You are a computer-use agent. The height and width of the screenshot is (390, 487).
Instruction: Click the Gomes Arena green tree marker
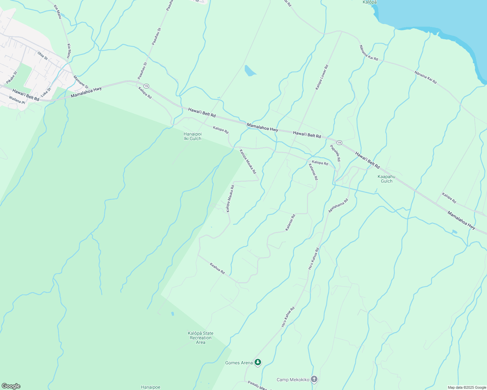(x=258, y=362)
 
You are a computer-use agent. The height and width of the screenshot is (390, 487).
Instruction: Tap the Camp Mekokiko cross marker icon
(x=314, y=379)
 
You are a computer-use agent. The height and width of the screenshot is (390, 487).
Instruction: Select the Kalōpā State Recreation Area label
(x=201, y=338)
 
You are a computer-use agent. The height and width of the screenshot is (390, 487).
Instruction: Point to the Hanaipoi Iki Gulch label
(x=192, y=136)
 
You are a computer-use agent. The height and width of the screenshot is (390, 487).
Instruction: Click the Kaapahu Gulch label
(x=386, y=179)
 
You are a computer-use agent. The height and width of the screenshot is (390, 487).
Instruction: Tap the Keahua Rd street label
(x=217, y=268)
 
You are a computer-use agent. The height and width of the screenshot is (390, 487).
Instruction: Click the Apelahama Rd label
(x=338, y=206)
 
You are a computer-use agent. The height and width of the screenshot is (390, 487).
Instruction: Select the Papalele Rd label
(x=335, y=153)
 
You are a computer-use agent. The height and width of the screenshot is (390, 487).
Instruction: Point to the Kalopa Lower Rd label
(x=322, y=77)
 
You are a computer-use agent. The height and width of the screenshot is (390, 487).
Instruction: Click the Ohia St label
(x=42, y=56)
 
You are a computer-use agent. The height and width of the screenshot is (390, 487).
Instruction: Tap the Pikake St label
(x=11, y=78)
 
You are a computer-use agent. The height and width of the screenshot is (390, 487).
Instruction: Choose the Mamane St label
(x=81, y=82)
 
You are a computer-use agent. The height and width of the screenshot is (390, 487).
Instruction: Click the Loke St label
(x=46, y=92)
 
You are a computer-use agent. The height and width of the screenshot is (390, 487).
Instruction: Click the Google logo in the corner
(x=11, y=386)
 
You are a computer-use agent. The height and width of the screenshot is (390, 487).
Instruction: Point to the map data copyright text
(x=466, y=387)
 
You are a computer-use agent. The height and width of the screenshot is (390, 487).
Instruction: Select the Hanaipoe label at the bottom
(x=150, y=387)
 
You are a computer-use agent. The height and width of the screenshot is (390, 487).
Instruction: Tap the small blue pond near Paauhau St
(x=250, y=71)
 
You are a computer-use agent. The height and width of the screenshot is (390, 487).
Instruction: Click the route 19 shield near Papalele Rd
(x=339, y=143)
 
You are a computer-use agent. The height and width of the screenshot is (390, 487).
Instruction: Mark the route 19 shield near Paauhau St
(x=146, y=86)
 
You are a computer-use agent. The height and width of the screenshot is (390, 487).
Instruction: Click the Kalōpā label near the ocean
(x=369, y=2)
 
